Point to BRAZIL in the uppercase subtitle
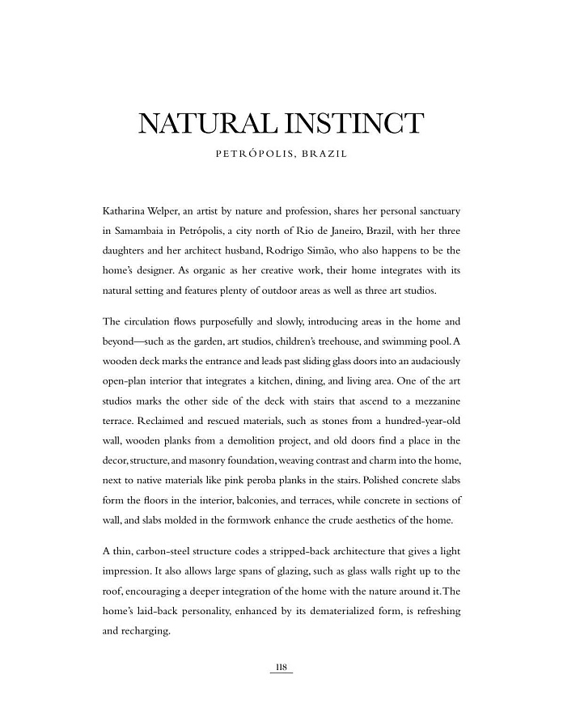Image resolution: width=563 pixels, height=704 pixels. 324,154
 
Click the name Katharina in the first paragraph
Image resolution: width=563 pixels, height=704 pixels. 126,211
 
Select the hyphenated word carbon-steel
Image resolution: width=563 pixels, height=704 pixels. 171,550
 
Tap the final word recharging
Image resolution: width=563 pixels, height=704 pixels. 146,630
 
